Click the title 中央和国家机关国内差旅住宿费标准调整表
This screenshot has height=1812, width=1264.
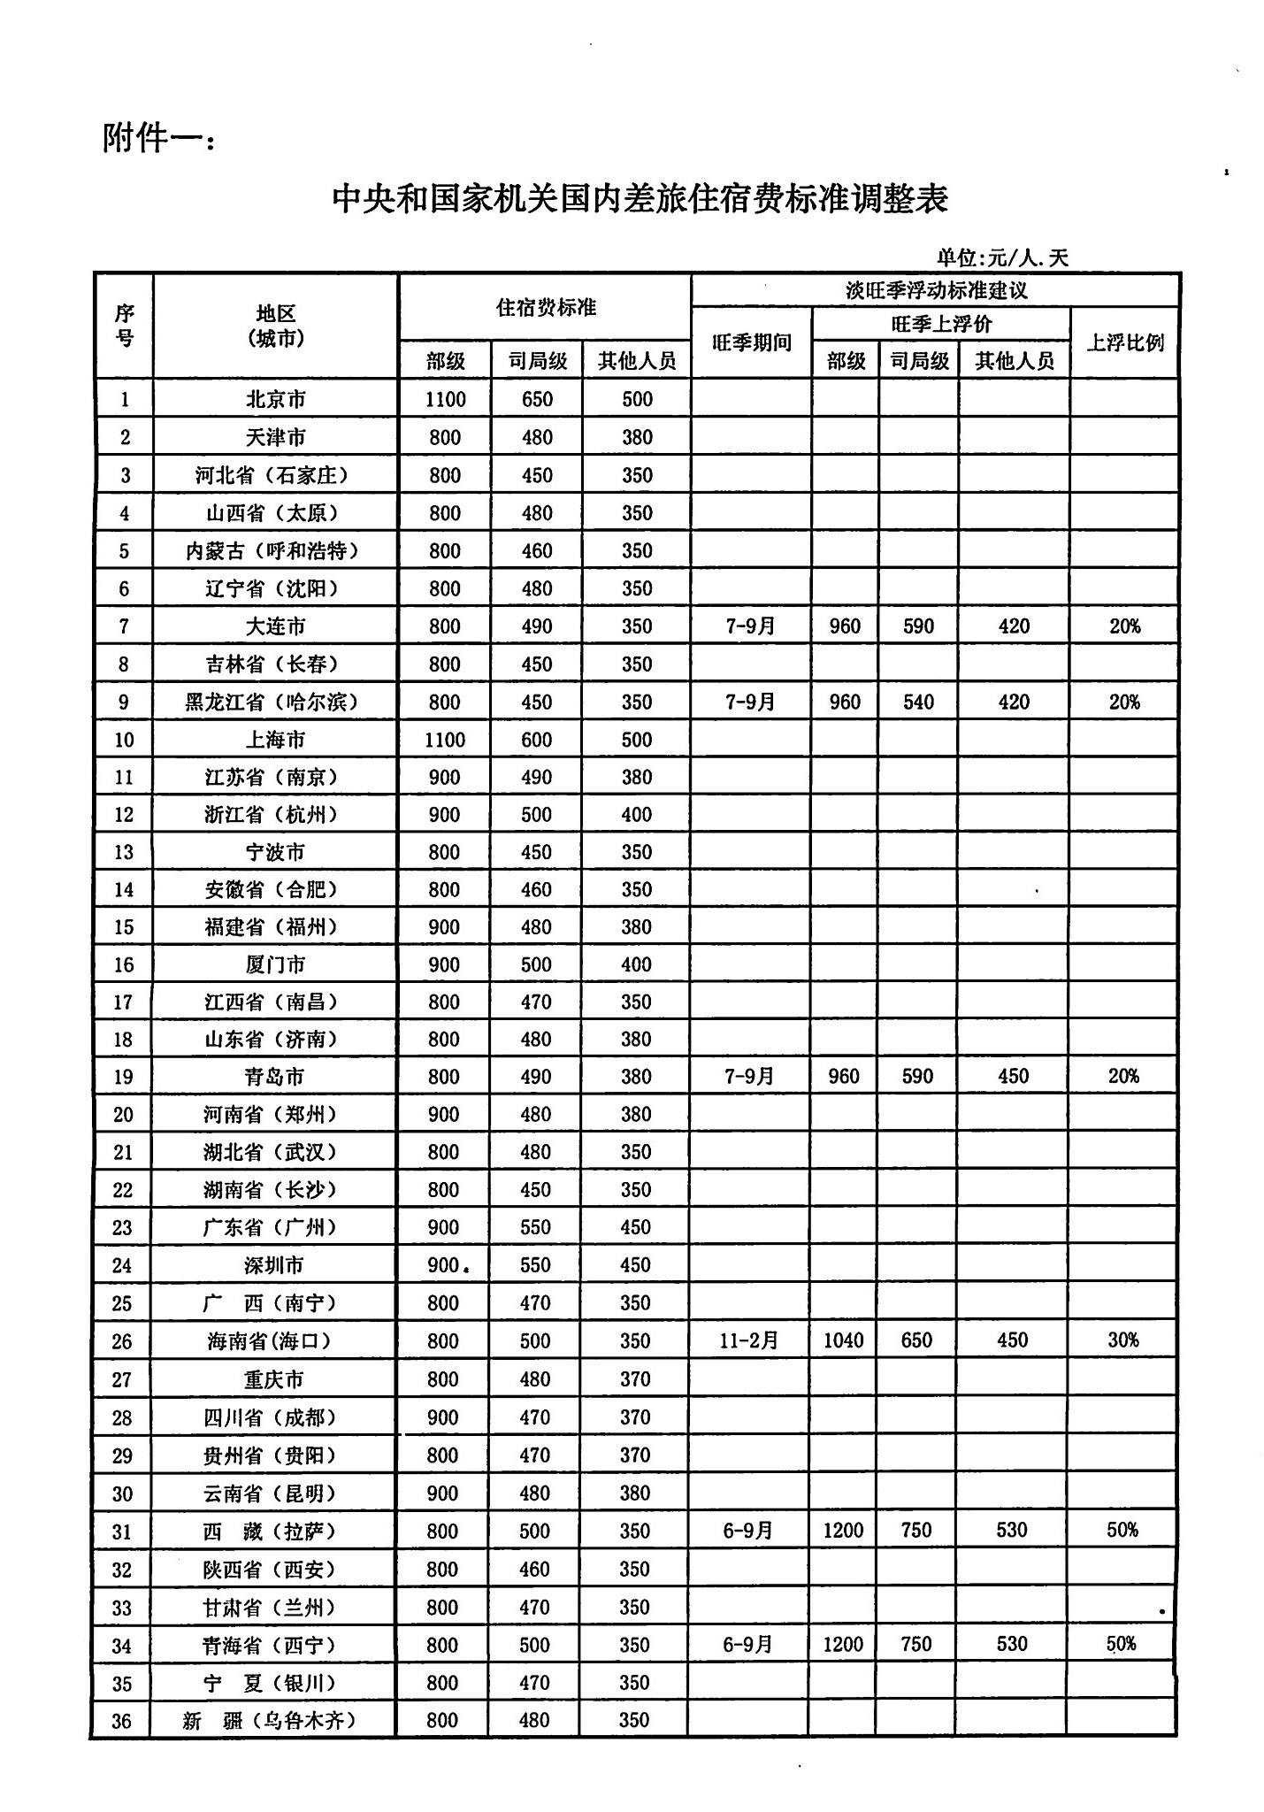pyautogui.click(x=640, y=198)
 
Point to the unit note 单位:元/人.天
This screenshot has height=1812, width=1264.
pyautogui.click(x=1002, y=257)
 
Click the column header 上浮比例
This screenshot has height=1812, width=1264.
pyautogui.click(x=1124, y=342)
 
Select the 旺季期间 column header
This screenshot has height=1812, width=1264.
pyautogui.click(x=751, y=342)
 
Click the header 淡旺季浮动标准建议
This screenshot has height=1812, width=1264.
pyautogui.click(x=935, y=290)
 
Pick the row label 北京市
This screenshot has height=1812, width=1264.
pyautogui.click(x=275, y=399)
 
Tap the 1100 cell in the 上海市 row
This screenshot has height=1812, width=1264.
pyautogui.click(x=444, y=740)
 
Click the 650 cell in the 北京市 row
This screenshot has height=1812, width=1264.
pyautogui.click(x=536, y=399)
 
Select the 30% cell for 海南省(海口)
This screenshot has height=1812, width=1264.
pyautogui.click(x=1122, y=1340)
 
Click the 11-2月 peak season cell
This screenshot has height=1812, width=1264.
pyautogui.click(x=748, y=1340)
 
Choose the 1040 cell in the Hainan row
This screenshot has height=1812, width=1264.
pyautogui.click(x=843, y=1340)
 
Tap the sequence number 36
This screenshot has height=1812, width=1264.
pyautogui.click(x=122, y=1721)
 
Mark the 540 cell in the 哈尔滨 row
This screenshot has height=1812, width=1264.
pyautogui.click(x=918, y=702)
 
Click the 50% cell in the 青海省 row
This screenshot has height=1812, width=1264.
pyautogui.click(x=1122, y=1645)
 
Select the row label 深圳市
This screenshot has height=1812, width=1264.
pyautogui.click(x=274, y=1265)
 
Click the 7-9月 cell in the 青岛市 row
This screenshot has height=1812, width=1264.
pyautogui.click(x=749, y=1077)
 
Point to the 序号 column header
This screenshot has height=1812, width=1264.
pyautogui.click(x=124, y=326)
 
